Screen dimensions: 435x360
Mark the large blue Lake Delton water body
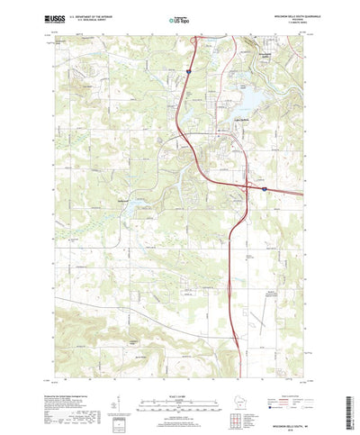tap(250, 96)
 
